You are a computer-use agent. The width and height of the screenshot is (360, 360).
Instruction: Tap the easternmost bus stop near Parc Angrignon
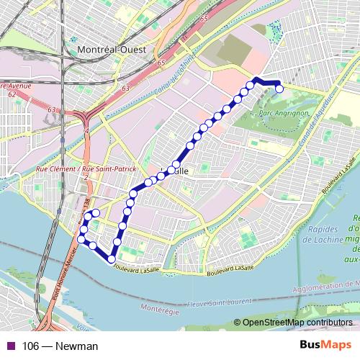(x=279, y=89)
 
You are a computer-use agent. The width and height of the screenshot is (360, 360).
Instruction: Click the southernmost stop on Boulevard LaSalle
(x=112, y=259)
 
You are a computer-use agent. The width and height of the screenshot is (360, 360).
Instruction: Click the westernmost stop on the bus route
(x=81, y=238)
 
